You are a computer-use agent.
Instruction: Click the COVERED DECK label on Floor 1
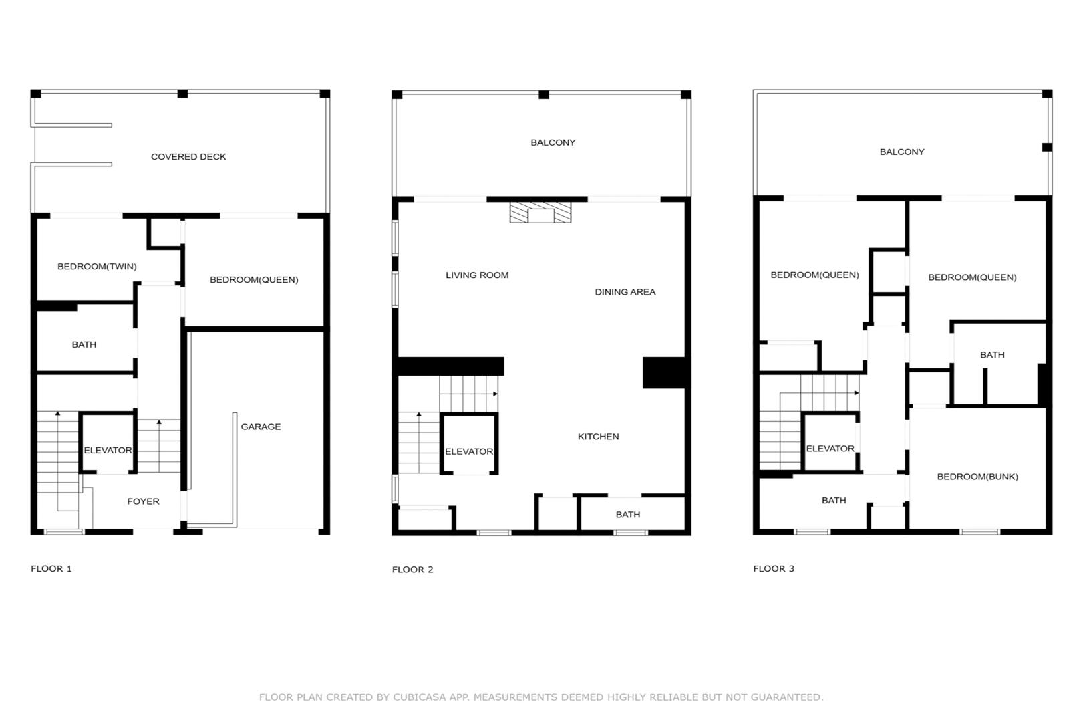tap(188, 157)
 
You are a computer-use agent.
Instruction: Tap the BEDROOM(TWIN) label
tap(97, 267)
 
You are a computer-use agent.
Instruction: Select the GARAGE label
tap(261, 427)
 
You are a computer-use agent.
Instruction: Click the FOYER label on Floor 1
tap(143, 501)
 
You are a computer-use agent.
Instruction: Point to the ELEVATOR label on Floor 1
tap(108, 450)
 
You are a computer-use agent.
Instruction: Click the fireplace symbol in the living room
tap(540, 213)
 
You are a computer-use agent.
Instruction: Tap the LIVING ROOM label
tap(477, 275)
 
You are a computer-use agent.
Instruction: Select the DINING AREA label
tap(625, 291)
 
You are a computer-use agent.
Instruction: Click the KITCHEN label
tap(599, 437)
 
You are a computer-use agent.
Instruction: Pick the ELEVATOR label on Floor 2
tap(469, 451)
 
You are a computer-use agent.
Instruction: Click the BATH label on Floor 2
tap(628, 514)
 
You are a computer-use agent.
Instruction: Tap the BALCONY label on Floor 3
tap(902, 152)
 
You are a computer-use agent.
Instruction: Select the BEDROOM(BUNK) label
tap(977, 477)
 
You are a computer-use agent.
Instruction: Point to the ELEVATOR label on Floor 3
tap(830, 449)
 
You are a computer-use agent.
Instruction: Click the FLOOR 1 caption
tap(51, 569)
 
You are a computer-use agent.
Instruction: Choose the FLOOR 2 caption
tap(412, 570)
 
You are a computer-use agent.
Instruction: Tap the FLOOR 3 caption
tap(774, 569)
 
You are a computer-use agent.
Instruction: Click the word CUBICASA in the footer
tap(420, 697)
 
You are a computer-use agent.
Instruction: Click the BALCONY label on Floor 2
tap(553, 143)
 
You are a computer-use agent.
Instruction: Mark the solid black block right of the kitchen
tap(664, 372)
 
